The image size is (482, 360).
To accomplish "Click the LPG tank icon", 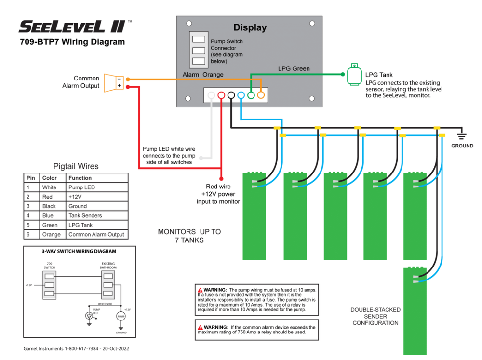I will pos(354,75).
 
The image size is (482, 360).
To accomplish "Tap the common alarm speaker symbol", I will pos(114,82).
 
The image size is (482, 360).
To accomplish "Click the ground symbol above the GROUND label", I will pos(462,135).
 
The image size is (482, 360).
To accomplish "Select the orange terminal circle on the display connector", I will pos(261,95).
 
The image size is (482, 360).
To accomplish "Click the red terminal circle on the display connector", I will pos(221,95).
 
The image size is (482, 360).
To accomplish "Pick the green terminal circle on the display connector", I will pos(251,95).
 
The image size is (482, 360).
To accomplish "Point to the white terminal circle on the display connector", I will pos(211,95).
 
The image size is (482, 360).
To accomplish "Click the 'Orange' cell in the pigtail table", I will pos(52,235).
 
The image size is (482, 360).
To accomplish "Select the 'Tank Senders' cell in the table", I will pos(85,215).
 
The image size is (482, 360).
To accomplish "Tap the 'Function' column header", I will pos(80,178).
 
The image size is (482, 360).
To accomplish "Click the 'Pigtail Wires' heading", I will pos(76,166).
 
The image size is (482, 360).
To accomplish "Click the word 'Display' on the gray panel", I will pos(250,27).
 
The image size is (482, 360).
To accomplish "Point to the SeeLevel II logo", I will pos(72,26).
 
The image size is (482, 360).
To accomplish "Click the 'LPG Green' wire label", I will pos(294,69).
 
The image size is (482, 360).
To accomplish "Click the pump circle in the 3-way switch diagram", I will pos(121,316).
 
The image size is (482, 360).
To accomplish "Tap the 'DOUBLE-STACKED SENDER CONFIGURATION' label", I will pos(375,316).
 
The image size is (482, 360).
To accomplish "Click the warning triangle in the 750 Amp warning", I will pos(200,327).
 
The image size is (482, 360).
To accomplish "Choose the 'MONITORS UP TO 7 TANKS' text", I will pos(189,236).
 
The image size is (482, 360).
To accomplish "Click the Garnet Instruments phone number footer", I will pos(76,348).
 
